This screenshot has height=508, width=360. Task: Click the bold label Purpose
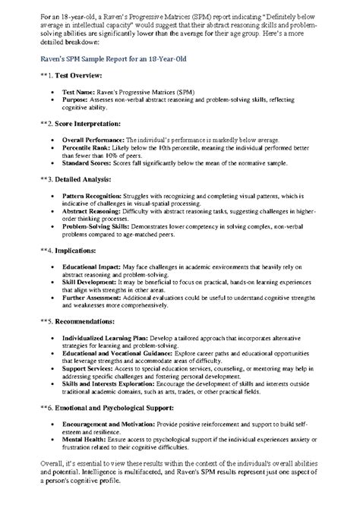tap(79, 99)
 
